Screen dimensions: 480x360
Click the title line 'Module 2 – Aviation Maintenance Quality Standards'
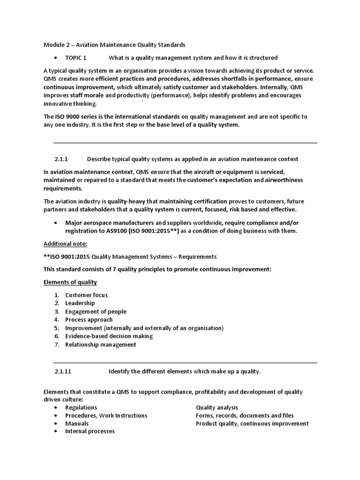(x=114, y=45)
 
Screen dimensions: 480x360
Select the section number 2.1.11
(x=63, y=371)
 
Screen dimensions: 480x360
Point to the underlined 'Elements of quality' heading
(x=70, y=282)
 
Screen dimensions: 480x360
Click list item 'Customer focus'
(x=86, y=295)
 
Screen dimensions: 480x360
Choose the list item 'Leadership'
(x=80, y=303)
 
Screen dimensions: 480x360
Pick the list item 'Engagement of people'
(x=96, y=312)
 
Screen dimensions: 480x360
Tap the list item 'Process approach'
(x=89, y=320)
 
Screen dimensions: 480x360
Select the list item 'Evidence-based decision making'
(x=109, y=336)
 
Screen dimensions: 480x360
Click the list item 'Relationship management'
(x=100, y=345)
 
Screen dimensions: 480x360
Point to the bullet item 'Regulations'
(x=81, y=407)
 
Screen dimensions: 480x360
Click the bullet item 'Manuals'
(x=76, y=423)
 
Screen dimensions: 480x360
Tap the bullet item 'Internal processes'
(x=90, y=431)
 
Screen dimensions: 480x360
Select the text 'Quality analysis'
(x=217, y=407)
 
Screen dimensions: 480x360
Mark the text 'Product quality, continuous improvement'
(x=252, y=423)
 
